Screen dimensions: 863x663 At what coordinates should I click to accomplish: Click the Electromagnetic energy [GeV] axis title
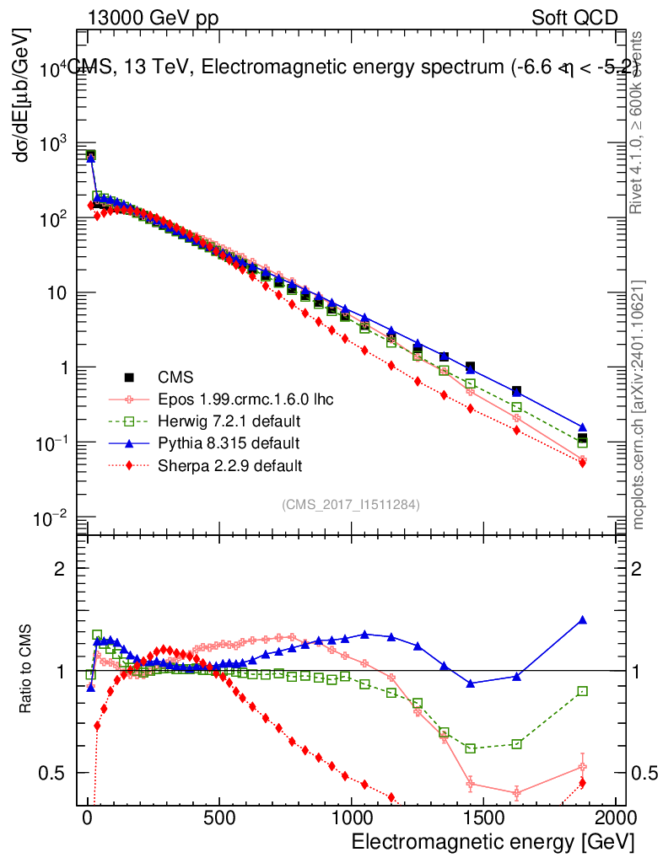pos(492,842)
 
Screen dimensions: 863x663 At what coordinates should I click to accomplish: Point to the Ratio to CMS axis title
pos(27,669)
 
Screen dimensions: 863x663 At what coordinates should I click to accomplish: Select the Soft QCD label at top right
pos(574,18)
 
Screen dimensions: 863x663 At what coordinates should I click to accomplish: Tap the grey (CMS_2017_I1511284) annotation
pos(351,504)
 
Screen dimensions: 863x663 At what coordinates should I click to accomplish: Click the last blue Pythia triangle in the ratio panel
pos(582,620)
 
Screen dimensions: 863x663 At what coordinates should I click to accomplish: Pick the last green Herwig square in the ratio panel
pos(582,691)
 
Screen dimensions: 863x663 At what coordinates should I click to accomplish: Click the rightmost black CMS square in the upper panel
pos(582,438)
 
